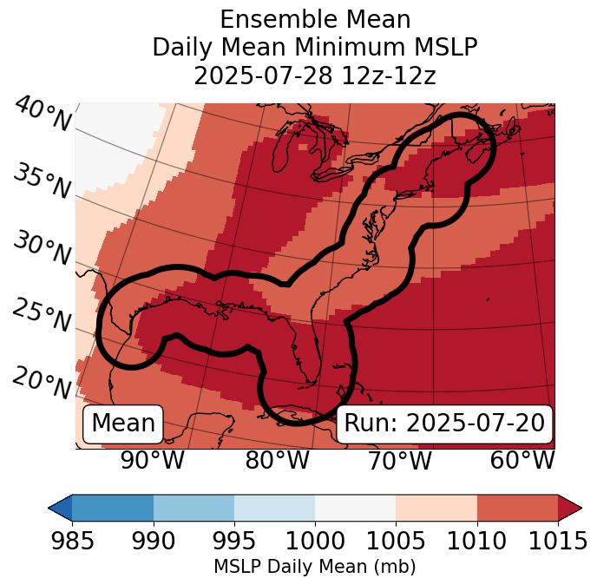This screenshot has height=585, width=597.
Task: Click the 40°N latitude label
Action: tap(42, 115)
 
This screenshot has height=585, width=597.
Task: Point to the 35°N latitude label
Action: tap(42, 181)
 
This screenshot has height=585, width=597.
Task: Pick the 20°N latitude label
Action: tap(42, 382)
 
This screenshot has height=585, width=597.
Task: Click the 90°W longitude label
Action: tap(152, 460)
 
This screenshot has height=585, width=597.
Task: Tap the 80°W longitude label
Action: tap(277, 460)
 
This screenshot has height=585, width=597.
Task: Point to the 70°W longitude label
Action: tap(399, 460)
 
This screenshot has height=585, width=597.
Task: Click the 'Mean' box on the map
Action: tap(123, 424)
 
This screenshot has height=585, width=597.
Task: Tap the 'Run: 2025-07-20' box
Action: tap(444, 424)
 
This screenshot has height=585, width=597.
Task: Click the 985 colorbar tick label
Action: tap(72, 542)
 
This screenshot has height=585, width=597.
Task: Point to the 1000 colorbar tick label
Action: tap(315, 542)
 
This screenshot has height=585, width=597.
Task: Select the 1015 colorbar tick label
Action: tap(557, 542)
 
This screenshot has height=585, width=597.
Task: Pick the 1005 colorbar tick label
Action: tap(396, 542)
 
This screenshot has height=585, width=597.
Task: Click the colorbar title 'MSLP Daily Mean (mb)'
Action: tap(315, 568)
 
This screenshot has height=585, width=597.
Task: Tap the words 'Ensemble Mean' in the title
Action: tap(315, 19)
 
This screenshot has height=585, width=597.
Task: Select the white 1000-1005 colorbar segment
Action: tap(355, 507)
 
